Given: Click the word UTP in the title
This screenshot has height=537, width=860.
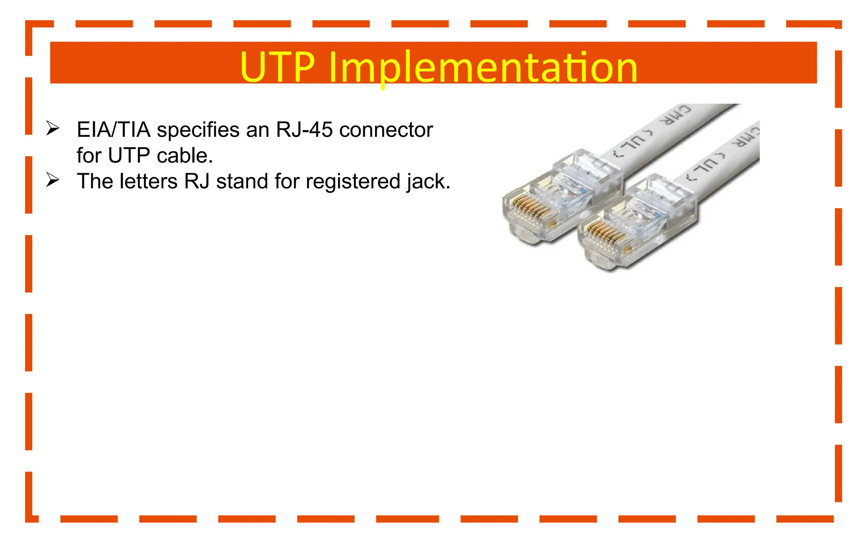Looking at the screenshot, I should (x=277, y=67).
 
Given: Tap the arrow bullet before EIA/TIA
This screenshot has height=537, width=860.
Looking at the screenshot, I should (x=52, y=128).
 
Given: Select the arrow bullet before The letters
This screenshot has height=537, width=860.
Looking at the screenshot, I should (x=52, y=180).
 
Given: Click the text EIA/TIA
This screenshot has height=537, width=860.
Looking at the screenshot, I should (x=113, y=130).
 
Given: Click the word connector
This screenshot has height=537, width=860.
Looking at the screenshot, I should (x=386, y=130).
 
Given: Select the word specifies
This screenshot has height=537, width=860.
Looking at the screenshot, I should (x=198, y=130).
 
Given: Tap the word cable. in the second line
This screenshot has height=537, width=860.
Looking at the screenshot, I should (x=185, y=156).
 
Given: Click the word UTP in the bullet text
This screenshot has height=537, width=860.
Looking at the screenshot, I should (x=129, y=156).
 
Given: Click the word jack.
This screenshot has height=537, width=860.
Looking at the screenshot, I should (x=428, y=182).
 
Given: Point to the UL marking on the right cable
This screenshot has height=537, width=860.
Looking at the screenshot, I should (x=705, y=168).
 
